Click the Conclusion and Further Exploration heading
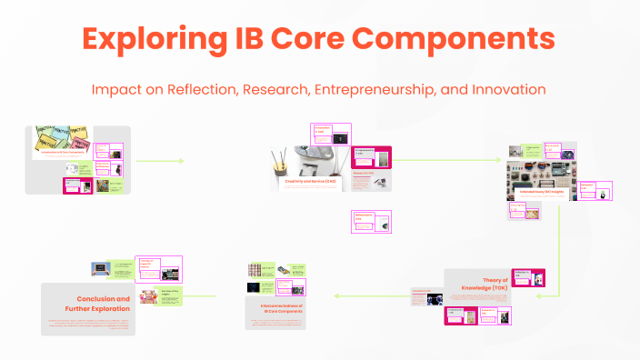[97, 303]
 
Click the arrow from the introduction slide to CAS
[159, 161]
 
